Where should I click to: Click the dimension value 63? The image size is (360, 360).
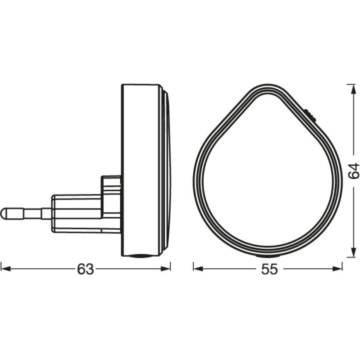pos(85,269)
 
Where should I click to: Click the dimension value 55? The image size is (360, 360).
pos(269,269)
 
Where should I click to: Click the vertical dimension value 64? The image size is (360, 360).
pos(353,171)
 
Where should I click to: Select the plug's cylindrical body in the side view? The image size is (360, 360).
pos(77,212)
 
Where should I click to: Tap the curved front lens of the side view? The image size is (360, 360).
pos(167,170)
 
